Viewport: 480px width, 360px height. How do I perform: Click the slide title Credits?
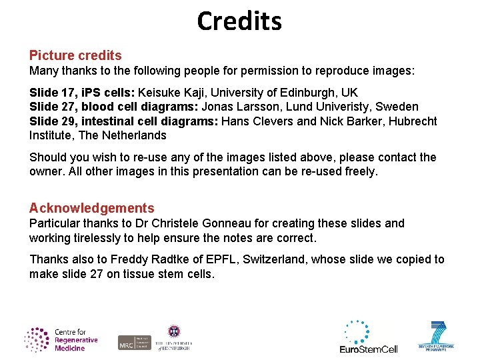tap(239, 21)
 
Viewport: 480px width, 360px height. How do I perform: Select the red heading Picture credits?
tap(75, 55)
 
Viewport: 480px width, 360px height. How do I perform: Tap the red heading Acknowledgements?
tap(91, 208)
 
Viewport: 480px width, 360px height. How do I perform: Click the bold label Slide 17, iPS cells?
tap(81, 92)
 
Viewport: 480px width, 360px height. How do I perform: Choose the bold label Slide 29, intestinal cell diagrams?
tap(124, 121)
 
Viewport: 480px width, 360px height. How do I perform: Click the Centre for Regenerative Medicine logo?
tap(61, 339)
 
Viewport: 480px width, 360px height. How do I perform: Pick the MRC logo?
tap(135, 341)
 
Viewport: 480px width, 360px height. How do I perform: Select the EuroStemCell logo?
tap(368, 336)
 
